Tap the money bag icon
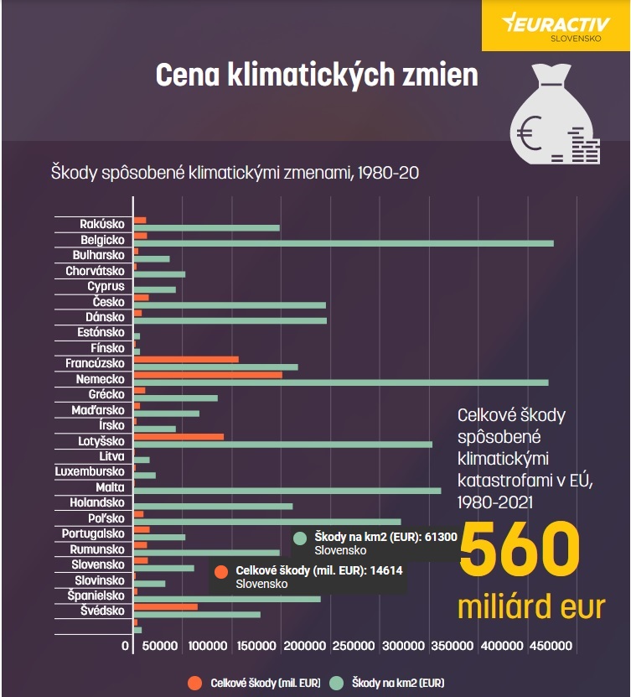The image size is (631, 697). [x=555, y=112]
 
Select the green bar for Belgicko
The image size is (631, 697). [x=344, y=243]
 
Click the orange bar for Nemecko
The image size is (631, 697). [x=208, y=374]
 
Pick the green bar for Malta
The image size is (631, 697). [x=287, y=491]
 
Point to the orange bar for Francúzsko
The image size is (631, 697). [x=186, y=359]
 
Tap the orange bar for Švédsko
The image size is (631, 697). [x=166, y=606]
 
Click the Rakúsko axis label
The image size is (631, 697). [x=102, y=224]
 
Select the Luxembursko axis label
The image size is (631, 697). [x=90, y=471]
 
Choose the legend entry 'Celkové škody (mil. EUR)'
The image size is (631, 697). [x=256, y=683]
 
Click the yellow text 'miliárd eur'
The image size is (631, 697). [x=531, y=606]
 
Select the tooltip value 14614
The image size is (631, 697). [x=384, y=570]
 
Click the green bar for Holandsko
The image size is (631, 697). [x=213, y=506]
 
